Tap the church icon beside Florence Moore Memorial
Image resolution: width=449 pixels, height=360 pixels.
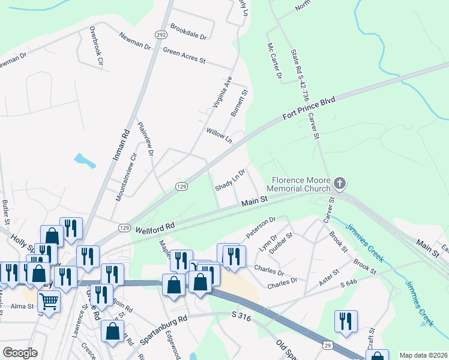(x=340, y=182)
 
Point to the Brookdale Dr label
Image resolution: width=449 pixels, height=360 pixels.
(x=188, y=32)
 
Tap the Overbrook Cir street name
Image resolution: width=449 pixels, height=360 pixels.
(x=97, y=45)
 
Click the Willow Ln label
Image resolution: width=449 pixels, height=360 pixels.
(x=219, y=136)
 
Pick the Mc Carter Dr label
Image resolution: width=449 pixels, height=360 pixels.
(x=274, y=61)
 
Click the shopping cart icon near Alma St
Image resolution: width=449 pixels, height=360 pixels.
(x=49, y=301)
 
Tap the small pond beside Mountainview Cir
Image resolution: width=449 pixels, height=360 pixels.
(x=85, y=160)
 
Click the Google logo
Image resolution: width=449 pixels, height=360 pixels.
(x=20, y=353)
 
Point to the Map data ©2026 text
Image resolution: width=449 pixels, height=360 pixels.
(x=424, y=355)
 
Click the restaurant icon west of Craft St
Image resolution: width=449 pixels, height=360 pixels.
(x=346, y=321)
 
